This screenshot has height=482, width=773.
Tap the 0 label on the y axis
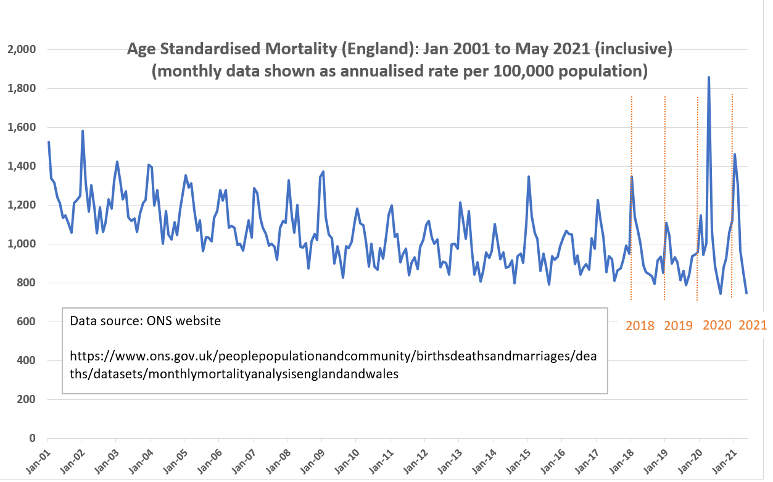pos(31,438)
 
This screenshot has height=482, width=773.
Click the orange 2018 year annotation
pos(640,326)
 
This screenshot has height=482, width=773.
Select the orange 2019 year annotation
pos(679,326)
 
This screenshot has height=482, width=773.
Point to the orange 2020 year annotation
pos(717,326)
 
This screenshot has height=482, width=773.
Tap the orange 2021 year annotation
pos(753,325)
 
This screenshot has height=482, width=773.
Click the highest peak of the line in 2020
pos(709,77)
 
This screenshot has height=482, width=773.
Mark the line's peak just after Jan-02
pos(83,131)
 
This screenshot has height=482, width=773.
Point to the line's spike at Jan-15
pos(529,177)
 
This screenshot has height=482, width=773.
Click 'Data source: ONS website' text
pos(145,321)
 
